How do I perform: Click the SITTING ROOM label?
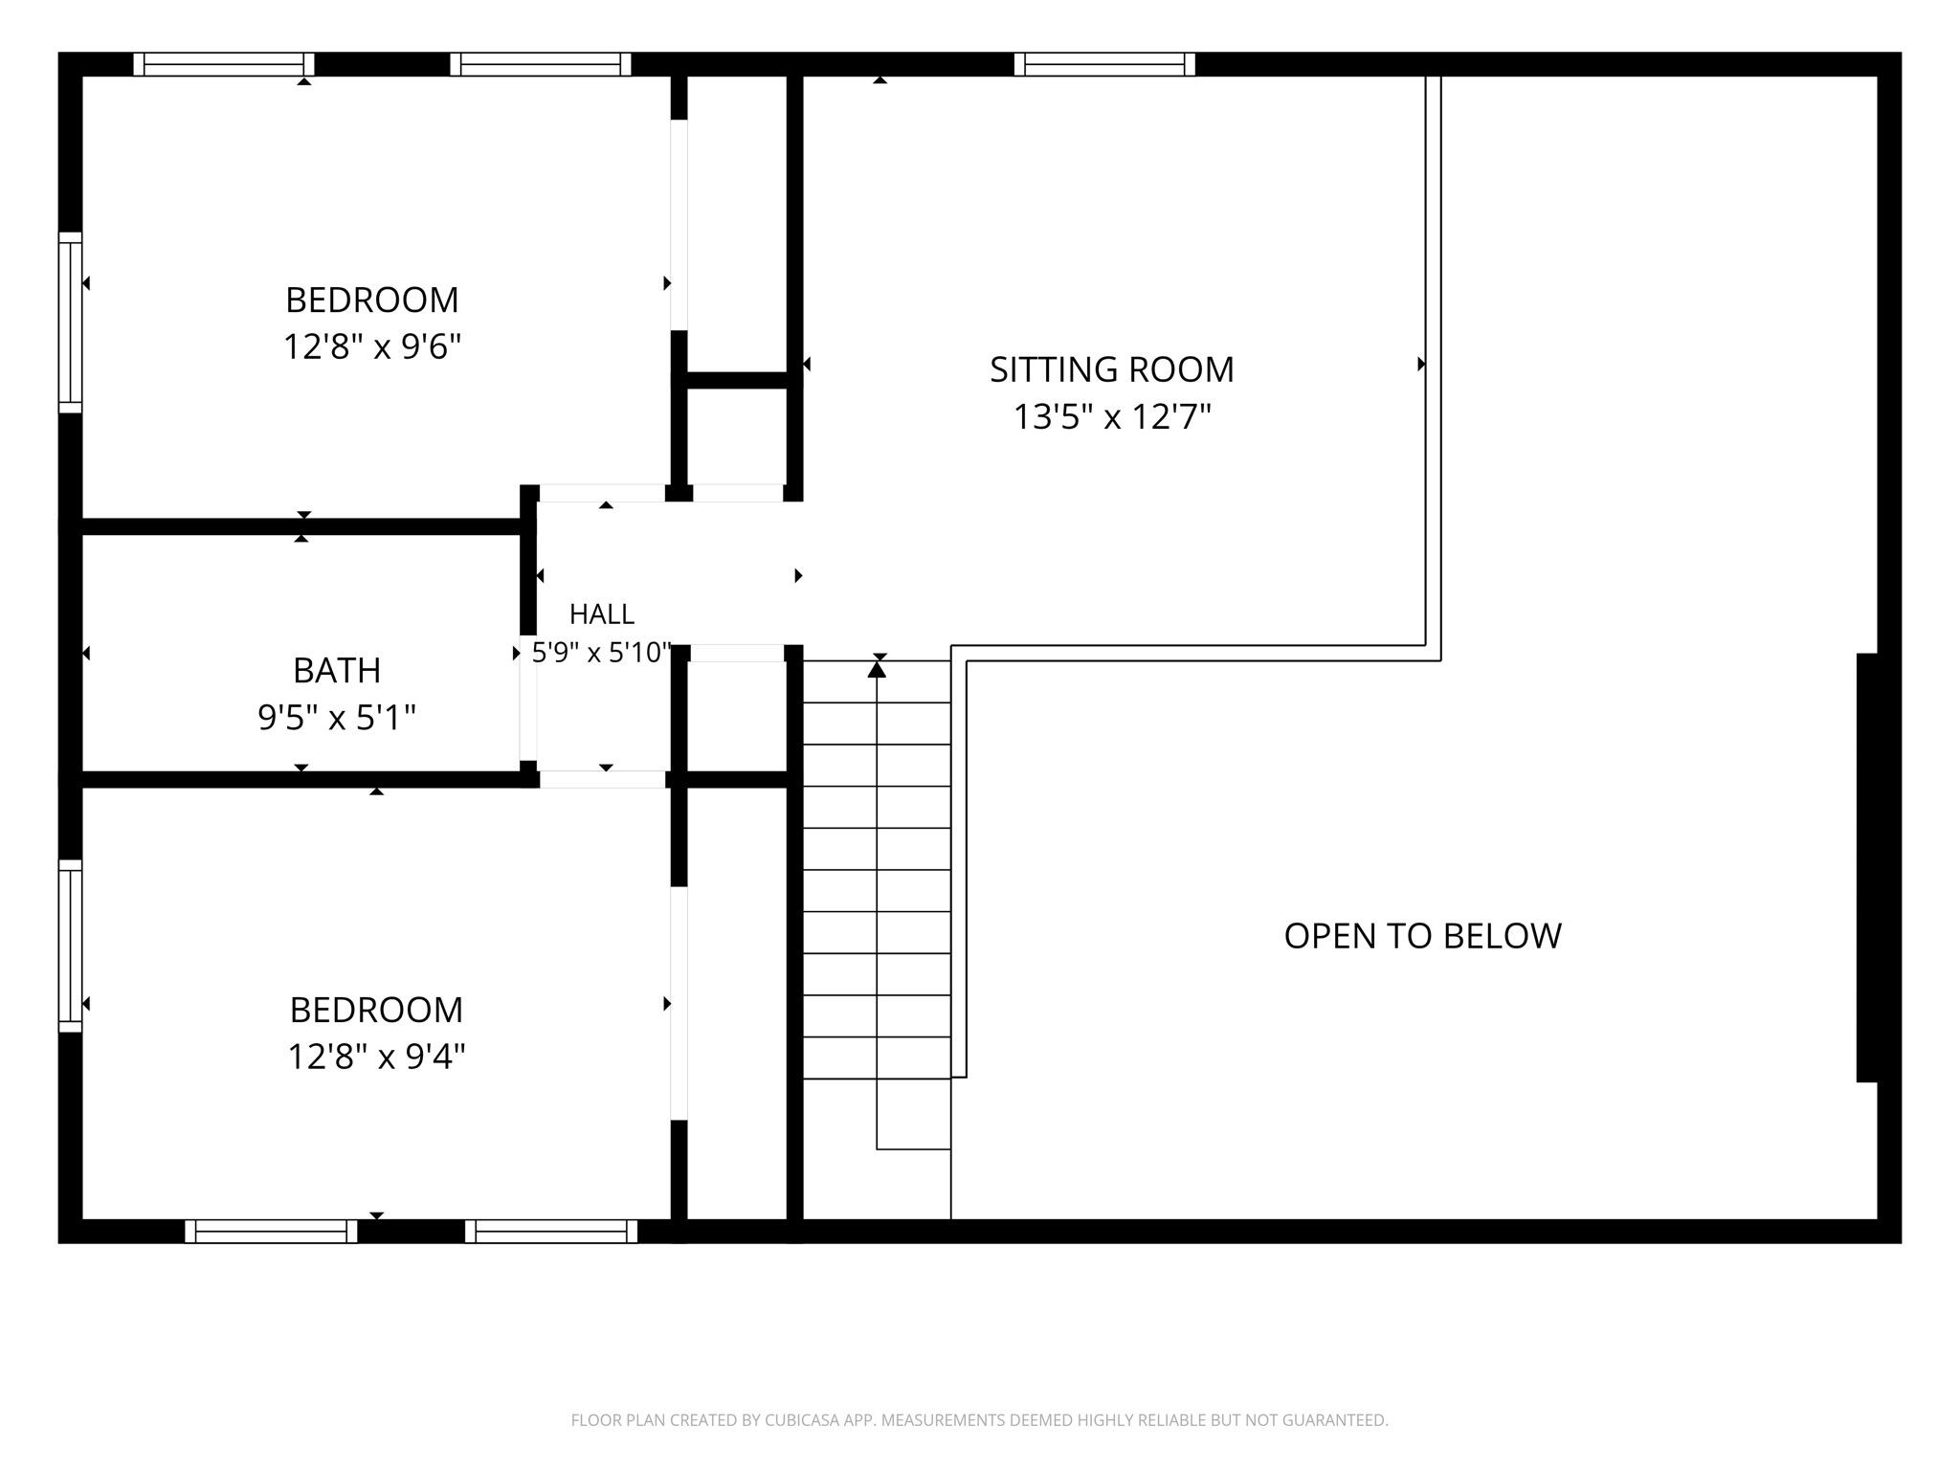click(1111, 369)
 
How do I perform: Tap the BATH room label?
click(337, 671)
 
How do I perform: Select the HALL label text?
click(602, 613)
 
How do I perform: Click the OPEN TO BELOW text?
click(1422, 936)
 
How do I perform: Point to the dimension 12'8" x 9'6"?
click(372, 346)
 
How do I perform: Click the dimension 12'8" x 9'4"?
click(376, 1057)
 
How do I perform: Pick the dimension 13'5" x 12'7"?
click(1112, 416)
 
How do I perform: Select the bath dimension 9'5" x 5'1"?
click(337, 717)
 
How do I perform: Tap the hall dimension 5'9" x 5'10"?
click(602, 653)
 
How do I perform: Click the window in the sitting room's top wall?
click(1104, 64)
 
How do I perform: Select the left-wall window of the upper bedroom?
click(70, 323)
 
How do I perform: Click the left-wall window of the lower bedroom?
click(70, 946)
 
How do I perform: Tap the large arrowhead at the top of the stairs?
click(877, 669)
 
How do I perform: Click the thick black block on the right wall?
click(1867, 867)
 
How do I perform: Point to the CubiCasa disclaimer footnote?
click(979, 1420)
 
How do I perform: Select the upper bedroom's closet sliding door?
click(679, 225)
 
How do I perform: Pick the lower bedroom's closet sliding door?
click(679, 1003)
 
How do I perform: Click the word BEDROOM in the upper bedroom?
click(372, 301)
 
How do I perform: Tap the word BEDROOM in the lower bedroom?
click(376, 1010)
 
